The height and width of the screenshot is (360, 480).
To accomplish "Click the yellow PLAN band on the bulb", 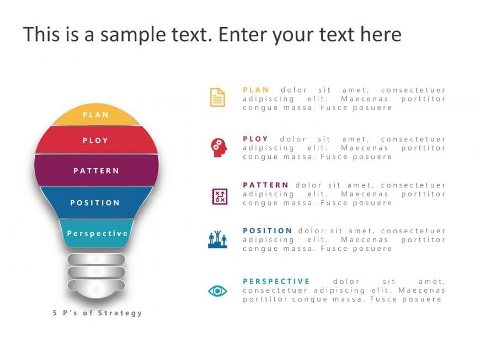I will [x=95, y=115].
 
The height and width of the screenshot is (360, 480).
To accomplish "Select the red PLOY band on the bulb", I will [x=95, y=141].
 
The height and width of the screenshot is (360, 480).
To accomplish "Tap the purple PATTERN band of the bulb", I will [x=96, y=170].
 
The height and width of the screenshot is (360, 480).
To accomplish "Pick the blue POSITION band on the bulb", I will [x=95, y=202].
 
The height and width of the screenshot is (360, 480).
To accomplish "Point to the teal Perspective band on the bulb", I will [x=97, y=233].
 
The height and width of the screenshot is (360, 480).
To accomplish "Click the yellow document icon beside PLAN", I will [x=217, y=98].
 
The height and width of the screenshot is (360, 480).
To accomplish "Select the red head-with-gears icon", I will [x=217, y=147].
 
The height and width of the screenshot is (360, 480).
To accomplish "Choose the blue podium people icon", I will [x=217, y=240].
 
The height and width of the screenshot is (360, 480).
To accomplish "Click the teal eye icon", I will [x=217, y=290].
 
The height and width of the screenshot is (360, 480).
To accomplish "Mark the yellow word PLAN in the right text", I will [x=256, y=90].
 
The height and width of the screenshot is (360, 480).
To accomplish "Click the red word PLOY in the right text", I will [x=255, y=139].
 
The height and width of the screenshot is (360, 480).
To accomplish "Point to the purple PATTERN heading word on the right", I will [x=265, y=185].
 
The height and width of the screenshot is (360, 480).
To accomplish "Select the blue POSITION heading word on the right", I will [x=268, y=230].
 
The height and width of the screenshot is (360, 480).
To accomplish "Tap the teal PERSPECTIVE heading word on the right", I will [x=276, y=281].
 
